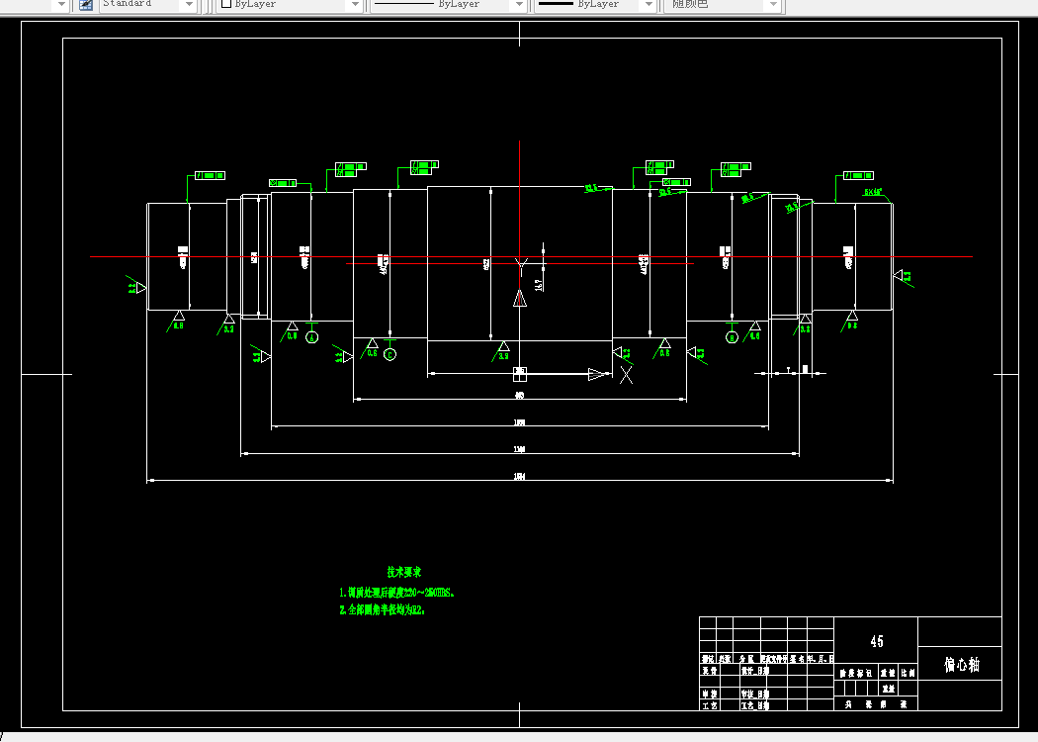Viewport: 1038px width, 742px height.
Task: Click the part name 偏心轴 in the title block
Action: click(x=960, y=665)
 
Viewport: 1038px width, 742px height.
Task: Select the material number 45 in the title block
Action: click(x=876, y=641)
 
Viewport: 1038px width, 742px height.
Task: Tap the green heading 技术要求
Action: click(x=404, y=572)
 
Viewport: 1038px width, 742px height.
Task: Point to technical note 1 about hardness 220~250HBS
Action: click(x=396, y=593)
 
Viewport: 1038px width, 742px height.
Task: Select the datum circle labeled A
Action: click(x=312, y=337)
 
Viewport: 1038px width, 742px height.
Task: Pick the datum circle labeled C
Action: click(x=389, y=354)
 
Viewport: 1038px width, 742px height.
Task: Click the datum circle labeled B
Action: click(x=732, y=337)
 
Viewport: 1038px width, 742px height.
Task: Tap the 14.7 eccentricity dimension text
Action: click(x=539, y=285)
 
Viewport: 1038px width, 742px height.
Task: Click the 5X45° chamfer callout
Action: click(x=873, y=192)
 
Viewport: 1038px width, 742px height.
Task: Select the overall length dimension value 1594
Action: click(x=519, y=477)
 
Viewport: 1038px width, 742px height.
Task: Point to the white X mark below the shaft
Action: click(x=626, y=373)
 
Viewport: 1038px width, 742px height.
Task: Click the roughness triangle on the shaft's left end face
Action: click(x=138, y=287)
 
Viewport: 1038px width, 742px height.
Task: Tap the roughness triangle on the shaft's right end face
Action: click(x=901, y=276)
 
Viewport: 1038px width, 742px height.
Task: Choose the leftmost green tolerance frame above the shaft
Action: click(x=209, y=175)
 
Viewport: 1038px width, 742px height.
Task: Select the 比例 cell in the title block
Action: click(x=908, y=672)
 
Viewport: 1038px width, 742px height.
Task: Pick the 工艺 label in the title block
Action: click(x=709, y=706)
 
